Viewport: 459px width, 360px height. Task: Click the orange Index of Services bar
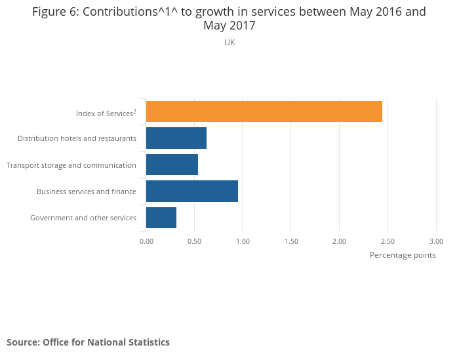click(x=264, y=111)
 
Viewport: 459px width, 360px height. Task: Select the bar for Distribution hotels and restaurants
click(x=176, y=138)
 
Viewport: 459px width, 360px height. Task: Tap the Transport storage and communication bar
click(x=172, y=165)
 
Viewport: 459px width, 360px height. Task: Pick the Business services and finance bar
click(x=191, y=191)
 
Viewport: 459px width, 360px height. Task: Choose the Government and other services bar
click(x=161, y=218)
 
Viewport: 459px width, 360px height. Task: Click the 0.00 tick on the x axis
click(x=146, y=241)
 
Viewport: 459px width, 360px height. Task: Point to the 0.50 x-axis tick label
click(x=194, y=241)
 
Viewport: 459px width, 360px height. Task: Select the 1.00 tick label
click(x=243, y=241)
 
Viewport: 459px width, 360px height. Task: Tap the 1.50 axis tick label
click(x=291, y=241)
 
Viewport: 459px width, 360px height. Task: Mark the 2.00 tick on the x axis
click(x=339, y=241)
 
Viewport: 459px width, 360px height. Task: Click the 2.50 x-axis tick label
click(x=388, y=241)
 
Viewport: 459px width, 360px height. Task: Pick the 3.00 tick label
click(x=436, y=241)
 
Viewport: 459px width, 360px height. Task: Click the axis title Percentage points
click(x=403, y=255)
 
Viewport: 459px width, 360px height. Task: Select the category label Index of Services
click(x=105, y=113)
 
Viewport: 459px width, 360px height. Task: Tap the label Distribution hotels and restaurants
click(x=77, y=138)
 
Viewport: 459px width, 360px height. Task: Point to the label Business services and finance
click(x=87, y=191)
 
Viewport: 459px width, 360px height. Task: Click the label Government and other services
click(x=83, y=218)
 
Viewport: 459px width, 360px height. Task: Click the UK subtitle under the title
click(x=229, y=43)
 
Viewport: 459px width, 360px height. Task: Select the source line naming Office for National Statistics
click(x=88, y=342)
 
